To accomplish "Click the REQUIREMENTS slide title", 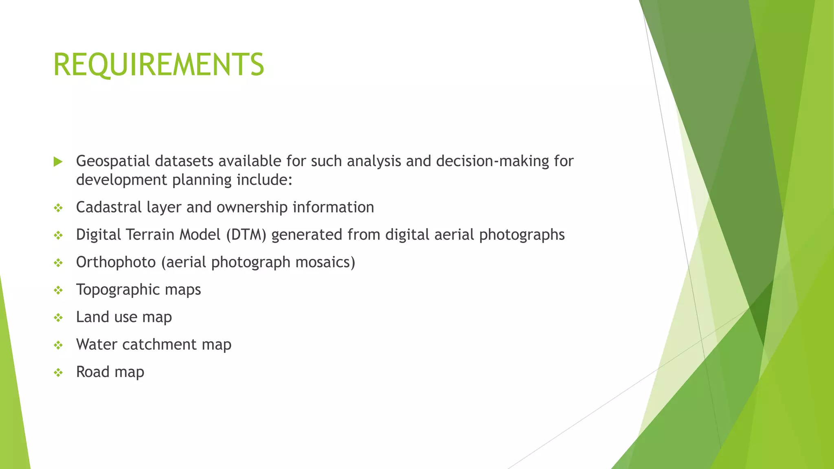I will coord(158,65).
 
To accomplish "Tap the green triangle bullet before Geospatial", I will coord(58,162).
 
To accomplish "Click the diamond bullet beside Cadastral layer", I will coord(58,208).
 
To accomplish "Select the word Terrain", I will coord(150,235).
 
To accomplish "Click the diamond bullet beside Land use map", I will coord(58,318).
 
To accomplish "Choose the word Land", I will coord(92,317).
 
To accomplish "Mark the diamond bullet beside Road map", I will coord(58,373).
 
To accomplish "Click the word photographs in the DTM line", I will coord(522,235).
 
